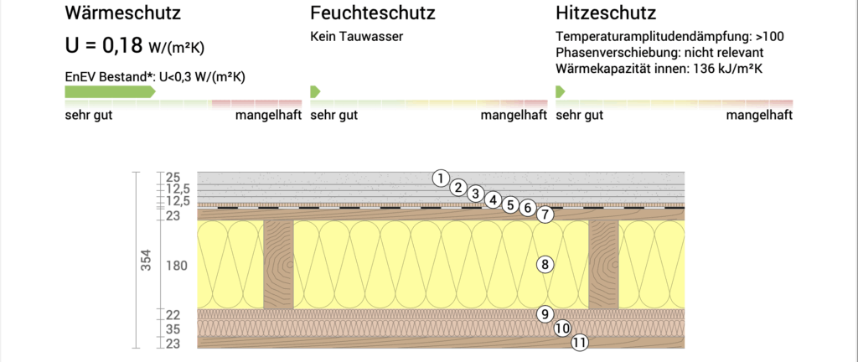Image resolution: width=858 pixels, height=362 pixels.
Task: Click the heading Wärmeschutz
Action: coord(122,13)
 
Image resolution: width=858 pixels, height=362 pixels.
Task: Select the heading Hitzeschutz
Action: coord(606,13)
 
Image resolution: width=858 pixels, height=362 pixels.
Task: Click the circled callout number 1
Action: coord(441,178)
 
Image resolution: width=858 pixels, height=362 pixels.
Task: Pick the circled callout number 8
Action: coord(545,265)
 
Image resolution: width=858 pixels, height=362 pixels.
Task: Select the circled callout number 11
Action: coord(580,342)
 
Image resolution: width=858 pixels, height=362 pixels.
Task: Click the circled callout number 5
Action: coord(510,204)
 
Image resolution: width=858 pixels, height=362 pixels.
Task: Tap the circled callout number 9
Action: coord(545,314)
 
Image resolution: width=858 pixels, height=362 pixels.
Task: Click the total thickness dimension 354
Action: coord(145,261)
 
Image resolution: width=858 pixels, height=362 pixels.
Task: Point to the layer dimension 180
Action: coord(175,266)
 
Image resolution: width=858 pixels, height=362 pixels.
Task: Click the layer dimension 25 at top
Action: coord(173,178)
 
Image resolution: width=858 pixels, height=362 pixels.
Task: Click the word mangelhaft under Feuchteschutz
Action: coord(513,116)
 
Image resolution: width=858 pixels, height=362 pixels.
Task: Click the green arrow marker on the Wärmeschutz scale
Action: coord(110,90)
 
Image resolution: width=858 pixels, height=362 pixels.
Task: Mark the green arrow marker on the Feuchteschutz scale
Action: coord(315,90)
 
